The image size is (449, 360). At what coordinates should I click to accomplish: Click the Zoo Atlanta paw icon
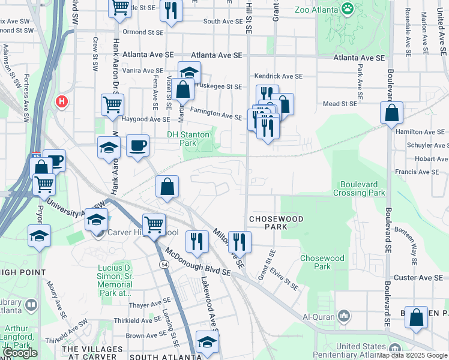pos(348,8)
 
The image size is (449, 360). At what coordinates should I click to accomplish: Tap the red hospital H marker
pos(61,102)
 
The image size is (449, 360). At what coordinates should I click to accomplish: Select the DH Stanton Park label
pos(190,139)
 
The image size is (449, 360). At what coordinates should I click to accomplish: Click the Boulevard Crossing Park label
pos(362,188)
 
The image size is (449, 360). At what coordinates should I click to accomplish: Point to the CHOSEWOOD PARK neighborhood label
pos(276,223)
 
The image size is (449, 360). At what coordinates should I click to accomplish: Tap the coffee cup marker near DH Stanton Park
pos(138,146)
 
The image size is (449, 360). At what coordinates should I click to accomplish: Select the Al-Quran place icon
pos(343,316)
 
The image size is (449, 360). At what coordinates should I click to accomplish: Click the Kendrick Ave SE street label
pos(279,76)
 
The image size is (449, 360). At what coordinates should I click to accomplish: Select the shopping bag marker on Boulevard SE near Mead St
pos(391,112)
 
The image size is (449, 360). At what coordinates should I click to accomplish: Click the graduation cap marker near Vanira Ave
pos(190,73)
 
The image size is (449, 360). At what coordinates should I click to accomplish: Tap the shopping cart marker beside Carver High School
pos(154,225)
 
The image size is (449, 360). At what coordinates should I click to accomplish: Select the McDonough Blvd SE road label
pos(198,262)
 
